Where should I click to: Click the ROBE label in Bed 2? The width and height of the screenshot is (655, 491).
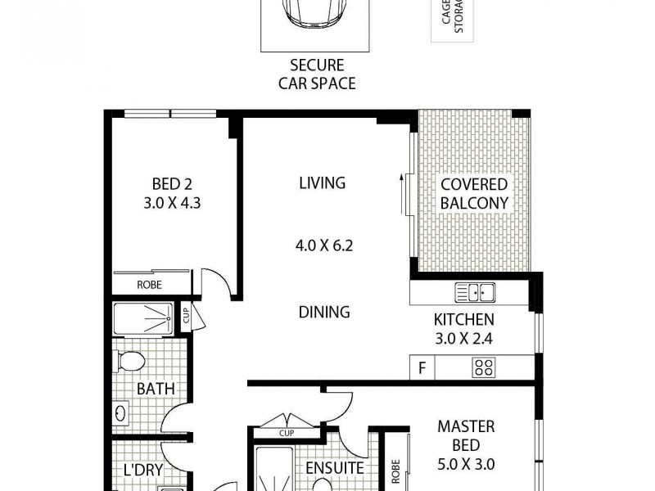point(149,285)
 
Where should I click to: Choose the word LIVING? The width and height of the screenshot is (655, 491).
point(322,182)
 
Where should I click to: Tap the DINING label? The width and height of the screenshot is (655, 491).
point(324,312)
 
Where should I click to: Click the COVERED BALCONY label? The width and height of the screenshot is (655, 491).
point(474,194)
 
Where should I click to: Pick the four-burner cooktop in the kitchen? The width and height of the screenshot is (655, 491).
point(483,368)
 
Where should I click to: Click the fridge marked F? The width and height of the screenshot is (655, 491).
point(422,368)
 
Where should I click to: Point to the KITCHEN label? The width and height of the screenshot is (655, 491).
point(464,319)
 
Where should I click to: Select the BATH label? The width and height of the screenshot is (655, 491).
point(156,389)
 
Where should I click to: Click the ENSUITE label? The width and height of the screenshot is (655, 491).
point(334,468)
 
